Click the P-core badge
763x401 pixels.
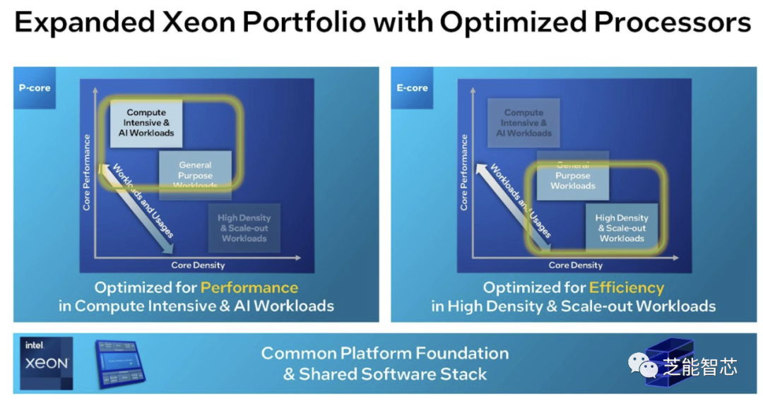(x=34, y=88)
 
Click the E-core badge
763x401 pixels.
(x=412, y=88)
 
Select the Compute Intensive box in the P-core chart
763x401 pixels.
(x=146, y=123)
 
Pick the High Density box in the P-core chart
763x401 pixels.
(x=244, y=228)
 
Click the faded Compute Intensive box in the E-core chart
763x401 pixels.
(x=524, y=123)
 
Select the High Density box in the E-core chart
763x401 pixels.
(x=622, y=228)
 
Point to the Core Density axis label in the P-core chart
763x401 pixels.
(x=198, y=265)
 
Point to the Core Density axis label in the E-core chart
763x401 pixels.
(x=576, y=265)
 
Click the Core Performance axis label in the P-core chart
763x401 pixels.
(x=88, y=172)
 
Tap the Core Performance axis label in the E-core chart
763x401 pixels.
(x=464, y=172)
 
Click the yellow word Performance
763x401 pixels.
(x=249, y=288)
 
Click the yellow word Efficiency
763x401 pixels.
(x=627, y=288)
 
